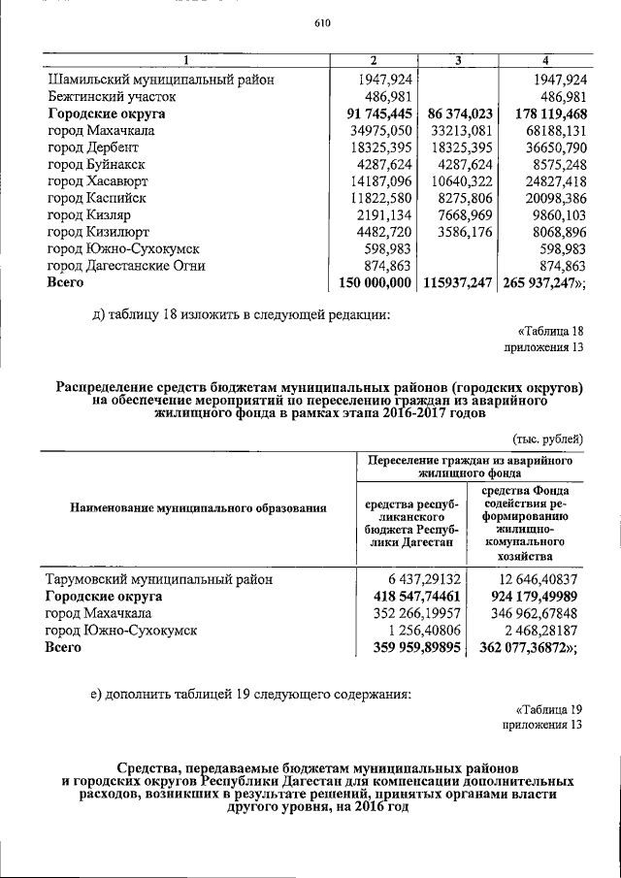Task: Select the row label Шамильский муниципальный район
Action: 161,80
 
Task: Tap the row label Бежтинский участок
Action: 113,97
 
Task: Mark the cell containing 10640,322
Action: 460,181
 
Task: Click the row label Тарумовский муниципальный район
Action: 159,579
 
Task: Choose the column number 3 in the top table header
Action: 460,62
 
